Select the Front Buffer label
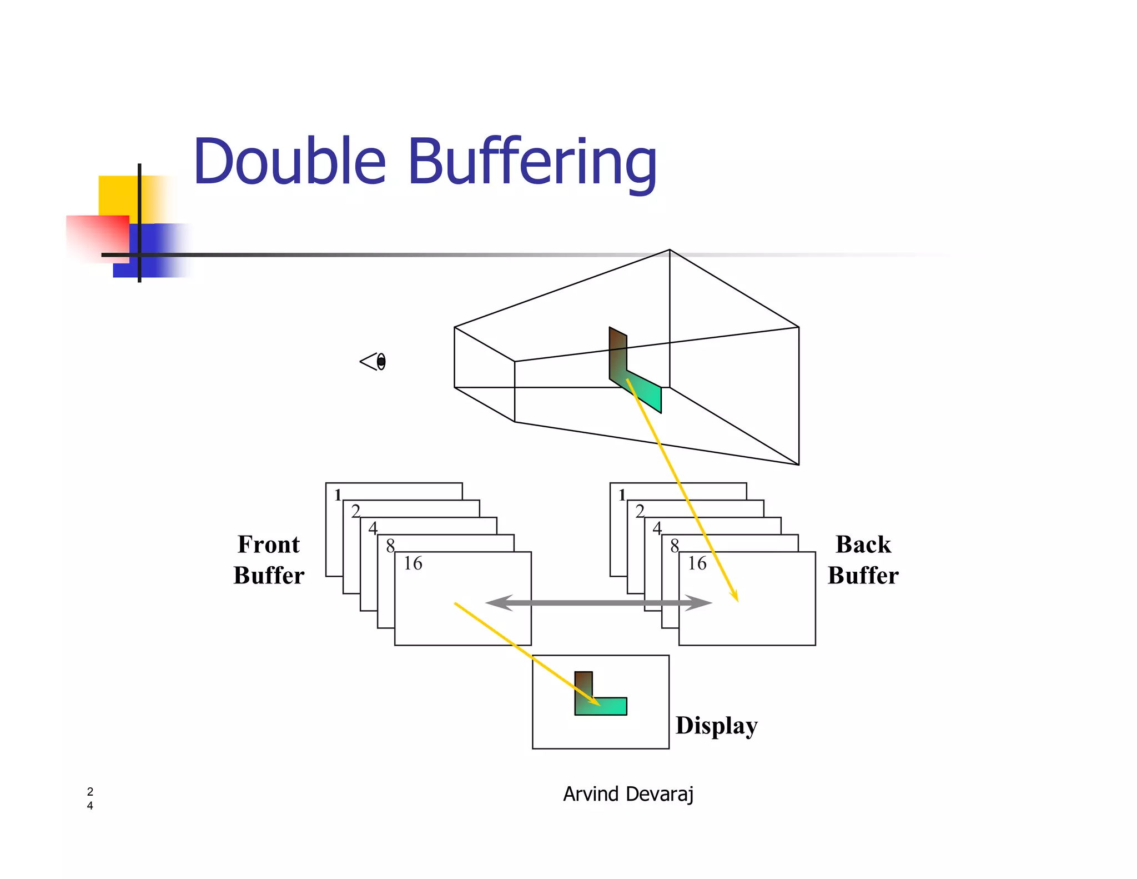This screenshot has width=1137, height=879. point(269,560)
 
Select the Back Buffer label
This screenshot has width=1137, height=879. point(863,560)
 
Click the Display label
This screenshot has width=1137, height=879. point(716,726)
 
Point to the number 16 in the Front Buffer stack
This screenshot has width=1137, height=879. point(412,563)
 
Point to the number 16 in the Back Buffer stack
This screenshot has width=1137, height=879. point(697,563)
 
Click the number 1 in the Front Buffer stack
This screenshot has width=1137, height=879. point(338,495)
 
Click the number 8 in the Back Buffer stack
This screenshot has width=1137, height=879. point(675,546)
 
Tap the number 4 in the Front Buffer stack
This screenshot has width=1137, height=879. point(373,528)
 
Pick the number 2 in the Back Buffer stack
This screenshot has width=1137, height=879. point(640,511)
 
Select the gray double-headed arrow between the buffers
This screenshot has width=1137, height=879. point(598,602)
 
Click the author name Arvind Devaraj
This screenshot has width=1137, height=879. point(628,794)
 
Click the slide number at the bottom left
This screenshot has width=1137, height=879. point(90,798)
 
